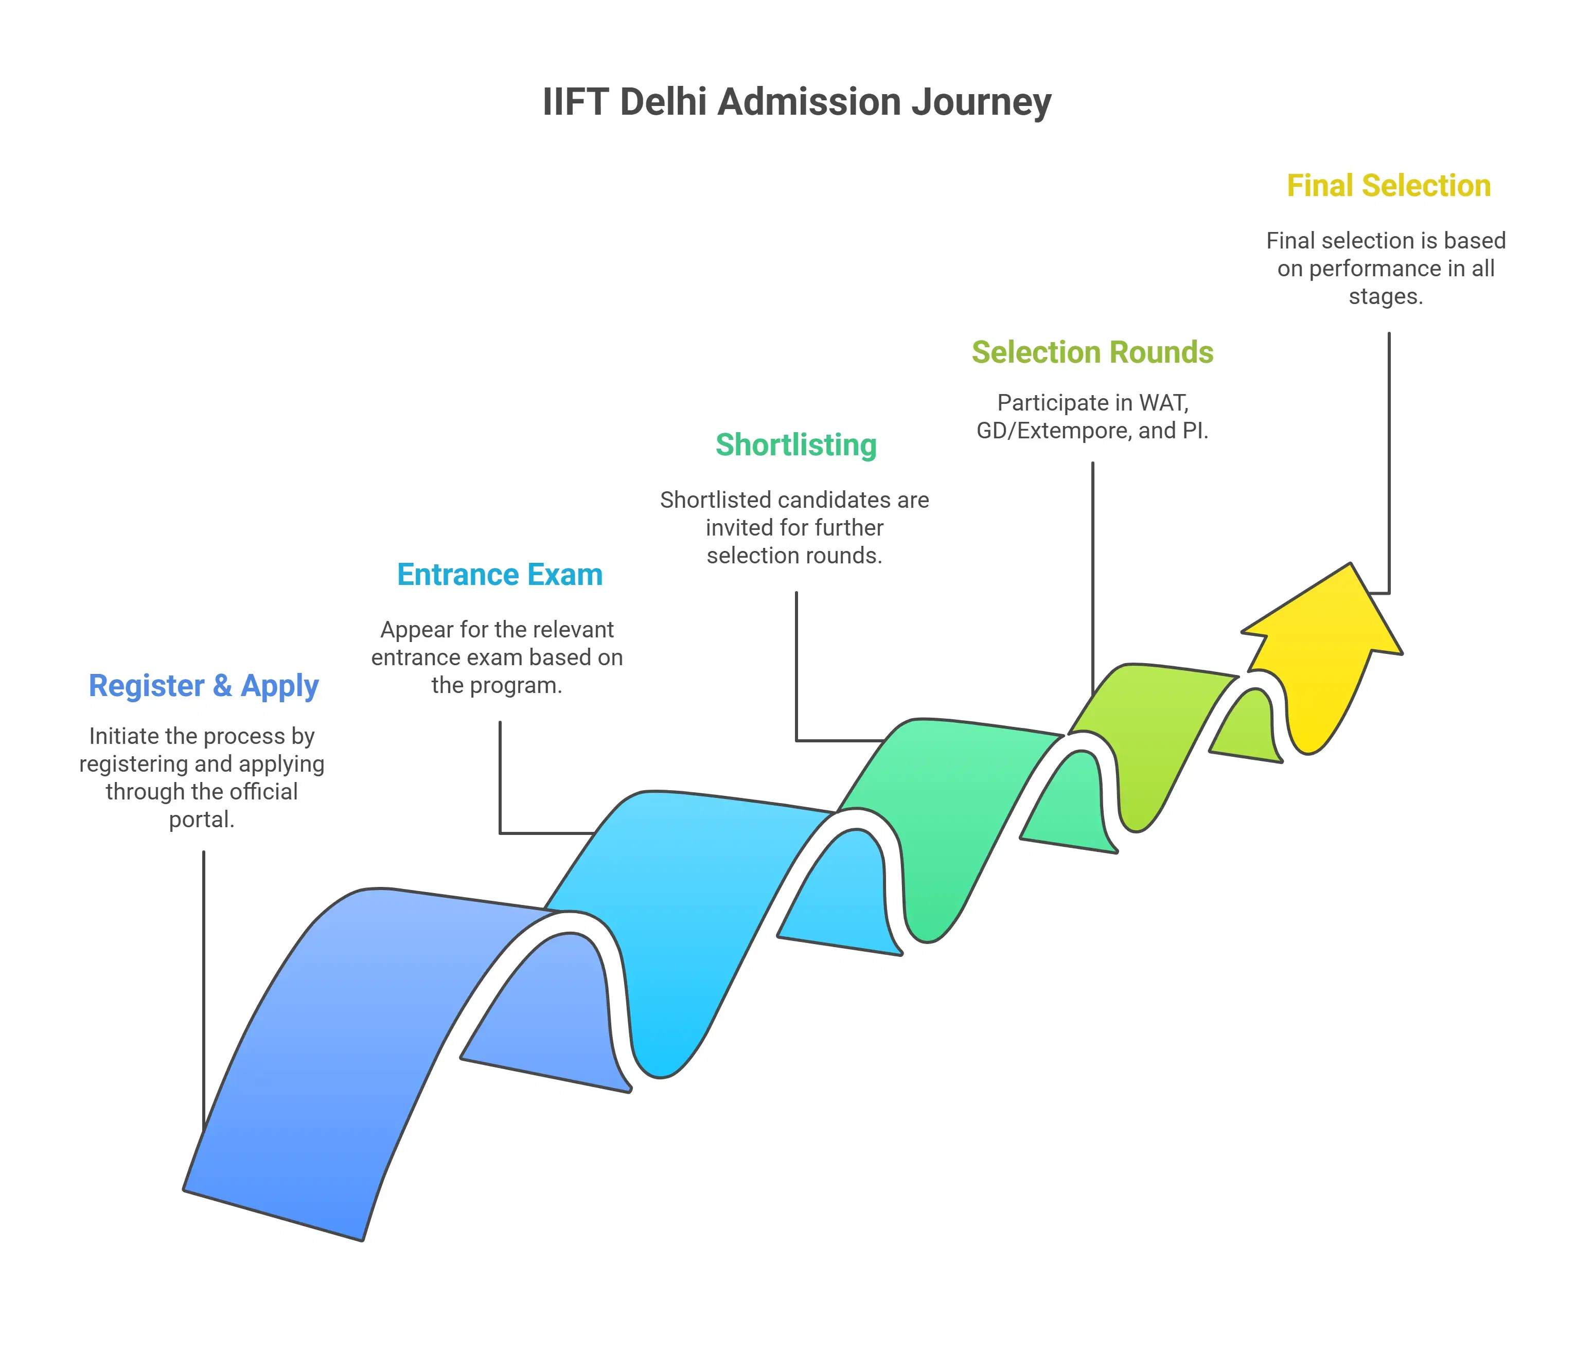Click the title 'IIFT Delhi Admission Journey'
click(796, 102)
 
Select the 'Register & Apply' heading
click(203, 685)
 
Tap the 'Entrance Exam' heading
click(499, 575)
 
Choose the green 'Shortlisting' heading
click(796, 446)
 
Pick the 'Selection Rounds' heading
click(1092, 352)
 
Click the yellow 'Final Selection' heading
click(1388, 186)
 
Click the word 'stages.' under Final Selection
click(1385, 297)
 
